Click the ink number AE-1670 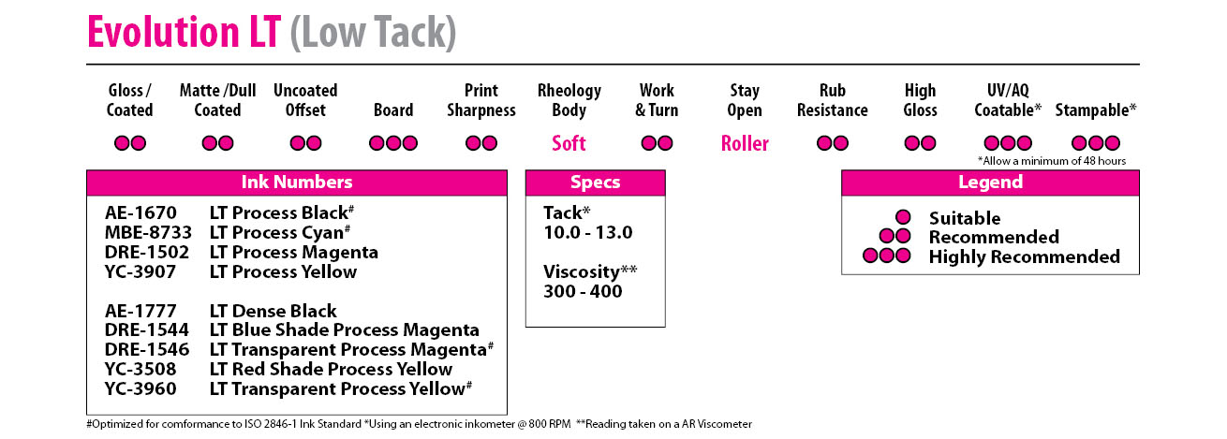(140, 212)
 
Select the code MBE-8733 (148, 232)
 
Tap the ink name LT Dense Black (273, 311)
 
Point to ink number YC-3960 (140, 388)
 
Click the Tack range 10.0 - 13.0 (588, 232)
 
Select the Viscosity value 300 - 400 (583, 291)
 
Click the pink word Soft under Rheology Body (569, 143)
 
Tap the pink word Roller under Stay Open (745, 143)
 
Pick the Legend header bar (990, 183)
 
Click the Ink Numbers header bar (297, 183)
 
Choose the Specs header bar (596, 183)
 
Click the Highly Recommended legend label (1025, 256)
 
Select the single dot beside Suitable (903, 217)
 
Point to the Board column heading (393, 110)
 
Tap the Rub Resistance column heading (832, 100)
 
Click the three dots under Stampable (1096, 143)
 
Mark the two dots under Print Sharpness (480, 143)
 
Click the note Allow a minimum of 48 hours (1052, 161)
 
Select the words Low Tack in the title (373, 32)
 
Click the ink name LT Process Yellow (283, 271)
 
